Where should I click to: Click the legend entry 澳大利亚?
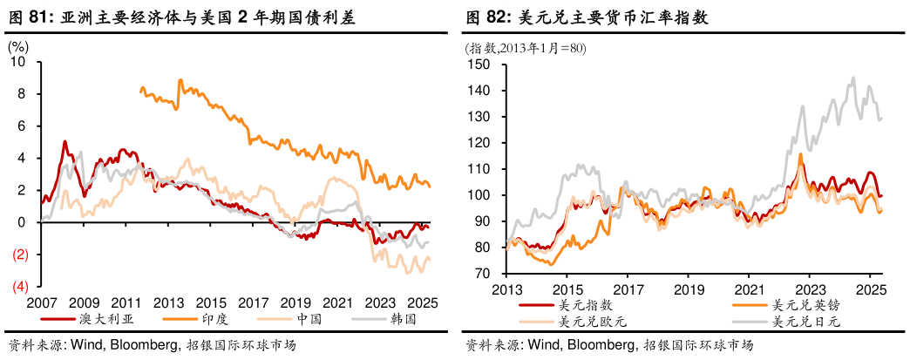[x=96, y=318]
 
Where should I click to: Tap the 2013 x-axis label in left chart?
[x=167, y=302]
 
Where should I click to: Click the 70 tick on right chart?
[x=484, y=274]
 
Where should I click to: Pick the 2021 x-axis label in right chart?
[x=748, y=289]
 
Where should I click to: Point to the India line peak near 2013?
[x=180, y=80]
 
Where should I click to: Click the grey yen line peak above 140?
[x=852, y=78]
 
